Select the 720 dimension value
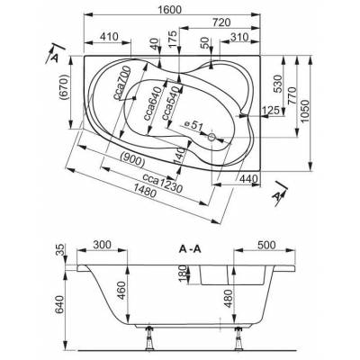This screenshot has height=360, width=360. (x=221, y=22)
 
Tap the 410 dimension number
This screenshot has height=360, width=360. (x=109, y=37)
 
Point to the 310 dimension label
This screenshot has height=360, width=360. (x=239, y=37)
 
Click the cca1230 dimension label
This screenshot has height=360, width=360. (x=162, y=183)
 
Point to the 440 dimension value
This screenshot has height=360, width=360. (x=248, y=179)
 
